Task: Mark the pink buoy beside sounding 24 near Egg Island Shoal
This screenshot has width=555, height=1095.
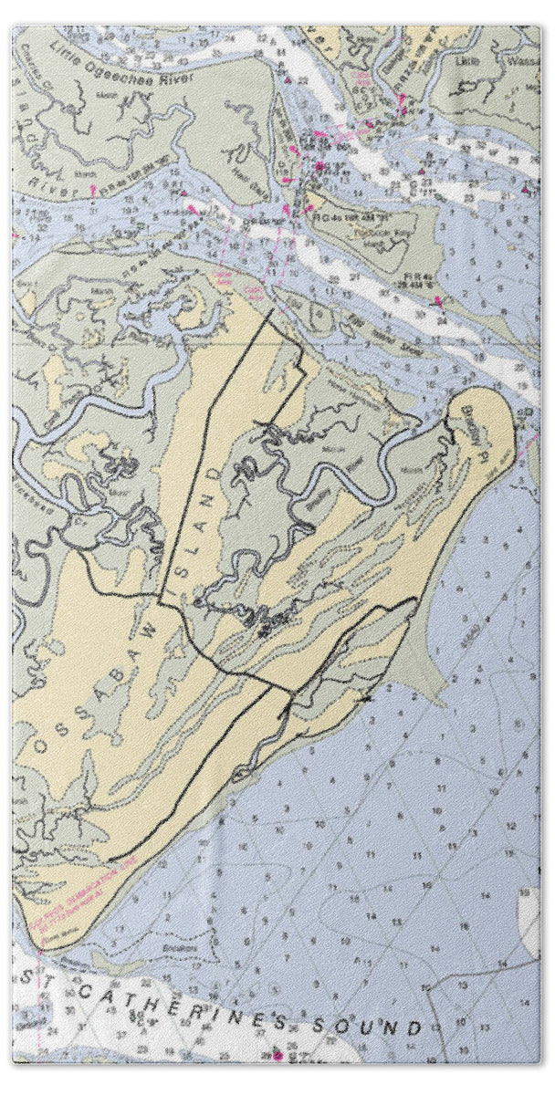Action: pyautogui.click(x=440, y=302)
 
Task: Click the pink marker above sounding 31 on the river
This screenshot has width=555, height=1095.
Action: pyautogui.click(x=94, y=190)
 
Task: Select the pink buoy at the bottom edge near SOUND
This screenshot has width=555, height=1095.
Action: pyautogui.click(x=278, y=1056)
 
